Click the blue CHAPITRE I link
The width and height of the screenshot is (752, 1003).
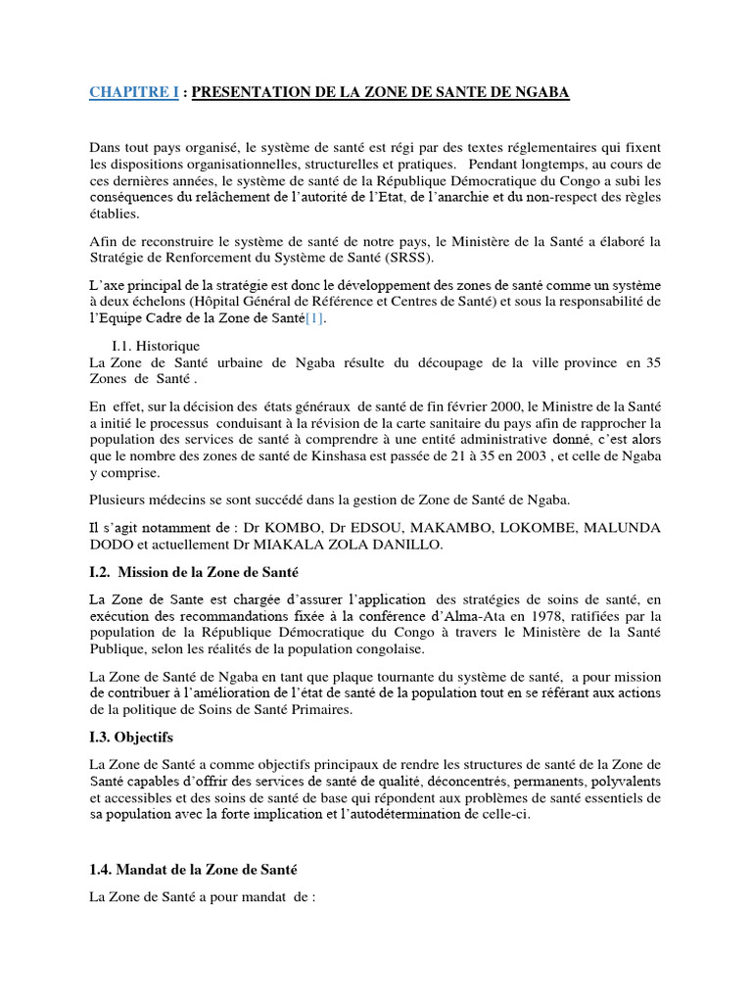134,92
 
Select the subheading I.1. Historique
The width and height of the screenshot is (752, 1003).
157,346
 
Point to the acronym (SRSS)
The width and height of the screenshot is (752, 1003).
423,259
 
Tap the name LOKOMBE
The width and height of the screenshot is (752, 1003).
538,528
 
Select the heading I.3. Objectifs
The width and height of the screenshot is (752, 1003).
130,736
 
